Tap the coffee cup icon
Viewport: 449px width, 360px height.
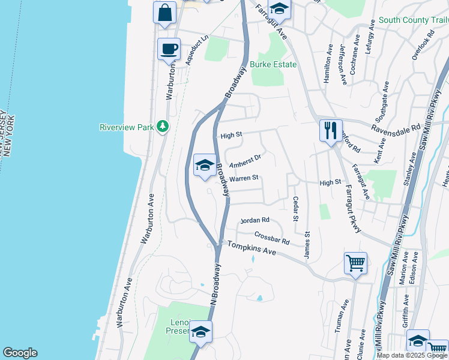tap(169, 49)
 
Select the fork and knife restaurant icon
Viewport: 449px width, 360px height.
tap(330, 130)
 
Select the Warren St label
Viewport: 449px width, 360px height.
tap(244, 178)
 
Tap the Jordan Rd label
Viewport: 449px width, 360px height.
tap(255, 221)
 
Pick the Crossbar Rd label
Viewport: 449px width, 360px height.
tap(272, 238)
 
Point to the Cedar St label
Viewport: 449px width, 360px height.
tap(295, 209)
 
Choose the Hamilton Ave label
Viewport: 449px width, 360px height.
tap(328, 63)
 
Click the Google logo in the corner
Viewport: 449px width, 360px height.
tap(20, 353)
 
